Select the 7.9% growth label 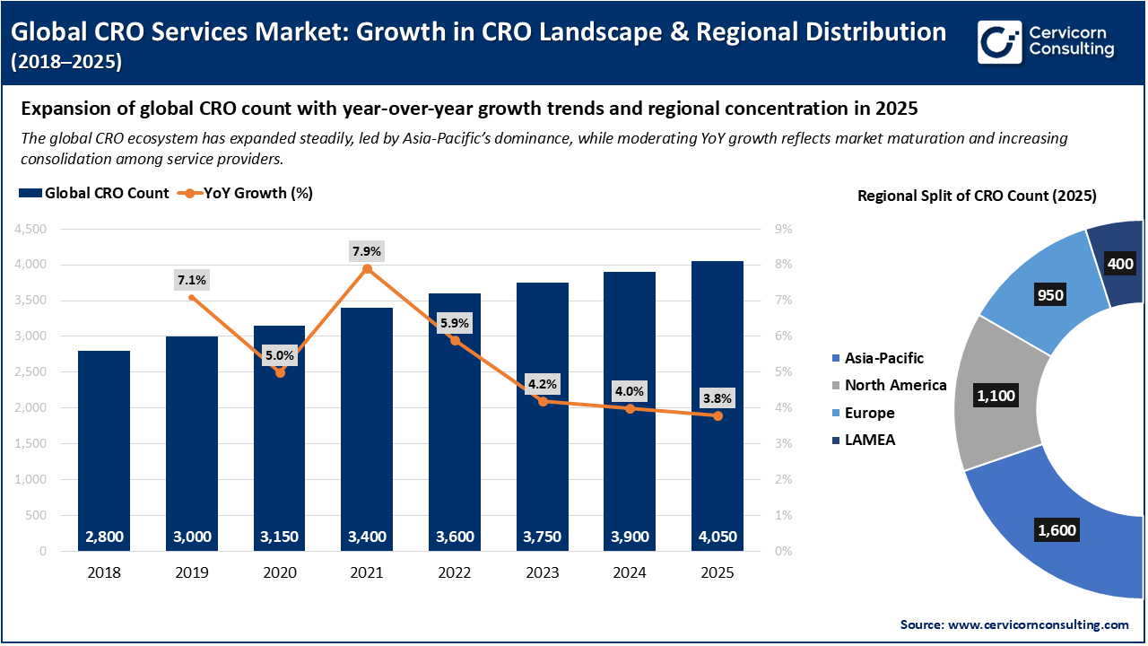point(367,251)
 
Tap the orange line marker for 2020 point(280,372)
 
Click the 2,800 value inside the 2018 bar point(104,537)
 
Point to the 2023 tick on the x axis point(543,572)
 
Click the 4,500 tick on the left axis point(30,229)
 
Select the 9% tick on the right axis point(782,229)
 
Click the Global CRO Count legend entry point(94,193)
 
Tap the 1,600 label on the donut point(1057,530)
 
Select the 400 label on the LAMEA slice point(1120,264)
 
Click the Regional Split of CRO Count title point(977,196)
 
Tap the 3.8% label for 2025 point(717,398)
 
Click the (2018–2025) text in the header point(66,62)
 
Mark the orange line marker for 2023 point(543,401)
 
